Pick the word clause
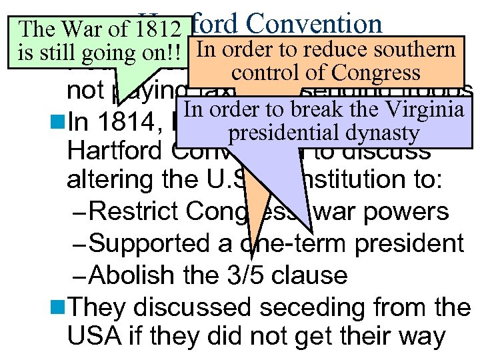[315, 274]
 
